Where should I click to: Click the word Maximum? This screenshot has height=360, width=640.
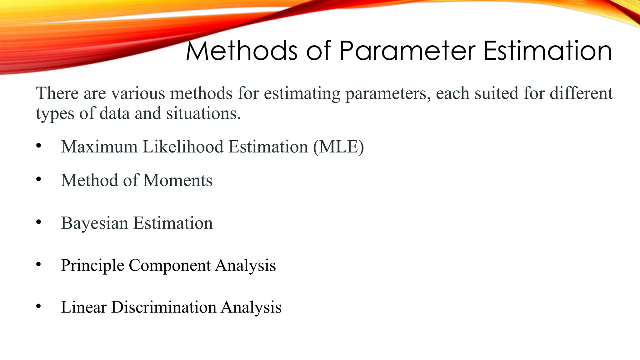(99, 147)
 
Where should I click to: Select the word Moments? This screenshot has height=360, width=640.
(178, 180)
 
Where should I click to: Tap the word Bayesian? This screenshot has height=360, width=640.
(94, 223)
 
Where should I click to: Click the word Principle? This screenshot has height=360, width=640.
(92, 266)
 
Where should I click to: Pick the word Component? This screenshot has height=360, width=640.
(170, 265)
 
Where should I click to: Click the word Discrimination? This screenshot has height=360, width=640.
(163, 307)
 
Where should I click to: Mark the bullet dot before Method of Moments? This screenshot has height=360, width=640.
(38, 179)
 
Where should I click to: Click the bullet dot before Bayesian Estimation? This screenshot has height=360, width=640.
(38, 222)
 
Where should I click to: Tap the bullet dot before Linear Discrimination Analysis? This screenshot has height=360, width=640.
(38, 306)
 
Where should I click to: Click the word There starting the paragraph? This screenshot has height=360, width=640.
(57, 93)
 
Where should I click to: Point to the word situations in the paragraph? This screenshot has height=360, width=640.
(203, 113)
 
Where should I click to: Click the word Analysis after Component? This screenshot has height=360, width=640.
(245, 266)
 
